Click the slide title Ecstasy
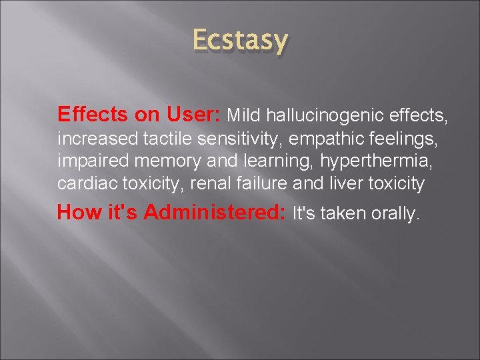coord(240,41)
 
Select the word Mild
coord(245,115)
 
